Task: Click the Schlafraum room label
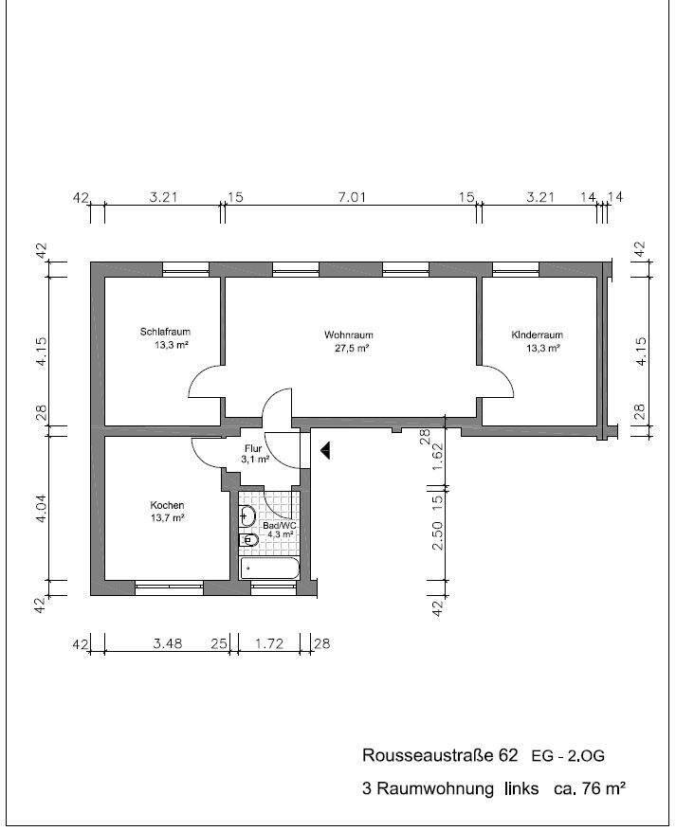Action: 165,333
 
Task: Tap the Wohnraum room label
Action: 348,334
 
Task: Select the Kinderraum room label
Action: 537,334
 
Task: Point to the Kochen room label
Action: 167,505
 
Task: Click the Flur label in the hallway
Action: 253,448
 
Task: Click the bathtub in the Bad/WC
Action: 270,569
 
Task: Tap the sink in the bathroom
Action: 247,515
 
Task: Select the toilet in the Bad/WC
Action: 248,540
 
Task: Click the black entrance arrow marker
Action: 325,450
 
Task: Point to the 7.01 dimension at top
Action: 352,198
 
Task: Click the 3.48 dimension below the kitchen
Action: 168,643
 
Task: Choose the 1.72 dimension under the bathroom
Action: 269,643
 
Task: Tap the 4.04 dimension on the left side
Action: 42,509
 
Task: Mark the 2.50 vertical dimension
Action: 438,535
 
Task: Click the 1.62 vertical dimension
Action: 438,458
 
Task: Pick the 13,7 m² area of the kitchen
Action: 168,518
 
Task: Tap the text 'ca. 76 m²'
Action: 590,788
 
